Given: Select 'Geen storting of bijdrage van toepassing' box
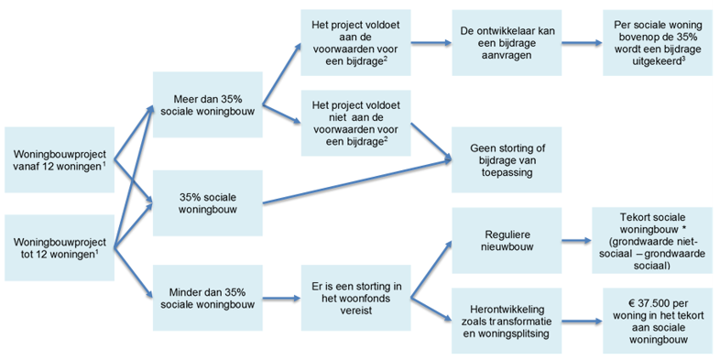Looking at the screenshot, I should pyautogui.click(x=507, y=159).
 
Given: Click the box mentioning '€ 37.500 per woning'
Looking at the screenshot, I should pyautogui.click(x=657, y=321).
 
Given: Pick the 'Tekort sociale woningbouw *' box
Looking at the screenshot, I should pyautogui.click(x=657, y=242).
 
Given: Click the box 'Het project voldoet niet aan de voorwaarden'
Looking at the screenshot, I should pyautogui.click(x=356, y=121).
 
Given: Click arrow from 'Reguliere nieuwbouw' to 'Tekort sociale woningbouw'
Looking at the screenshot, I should pyautogui.click(x=576, y=242).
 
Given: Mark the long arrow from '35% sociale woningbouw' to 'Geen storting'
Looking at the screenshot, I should pyautogui.click(x=357, y=180).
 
